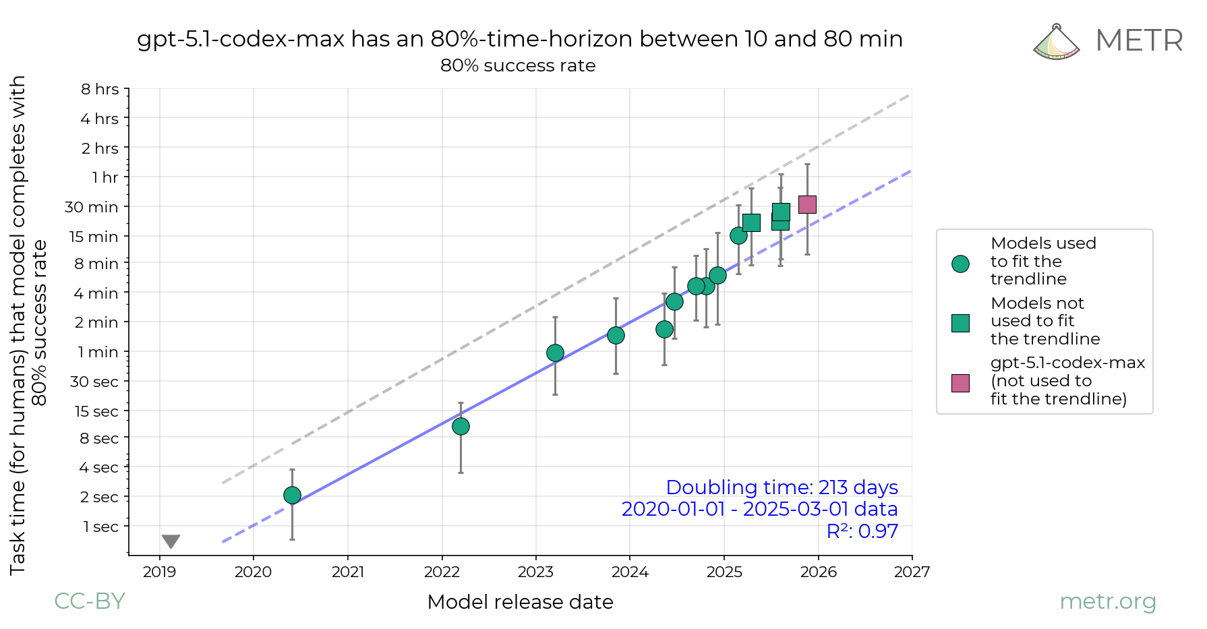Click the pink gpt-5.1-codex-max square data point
pyautogui.click(x=807, y=204)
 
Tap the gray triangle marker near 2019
pyautogui.click(x=171, y=541)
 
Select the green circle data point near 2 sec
pyautogui.click(x=292, y=496)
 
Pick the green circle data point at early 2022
pyautogui.click(x=461, y=426)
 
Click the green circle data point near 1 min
pyautogui.click(x=555, y=353)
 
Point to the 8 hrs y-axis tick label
pyautogui.click(x=100, y=89)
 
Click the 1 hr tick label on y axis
pyautogui.click(x=105, y=177)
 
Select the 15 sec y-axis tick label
pyautogui.click(x=96, y=411)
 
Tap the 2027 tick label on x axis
pyautogui.click(x=912, y=572)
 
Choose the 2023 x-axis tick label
pyautogui.click(x=535, y=572)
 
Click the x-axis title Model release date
pyautogui.click(x=520, y=602)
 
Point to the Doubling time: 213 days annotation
pyautogui.click(x=782, y=487)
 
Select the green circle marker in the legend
pyautogui.click(x=960, y=264)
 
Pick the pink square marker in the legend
pyautogui.click(x=960, y=383)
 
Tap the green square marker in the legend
pyautogui.click(x=960, y=323)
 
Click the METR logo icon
pyautogui.click(x=1056, y=42)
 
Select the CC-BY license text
pyautogui.click(x=90, y=601)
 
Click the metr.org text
pyautogui.click(x=1107, y=601)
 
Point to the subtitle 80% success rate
pyautogui.click(x=518, y=65)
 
